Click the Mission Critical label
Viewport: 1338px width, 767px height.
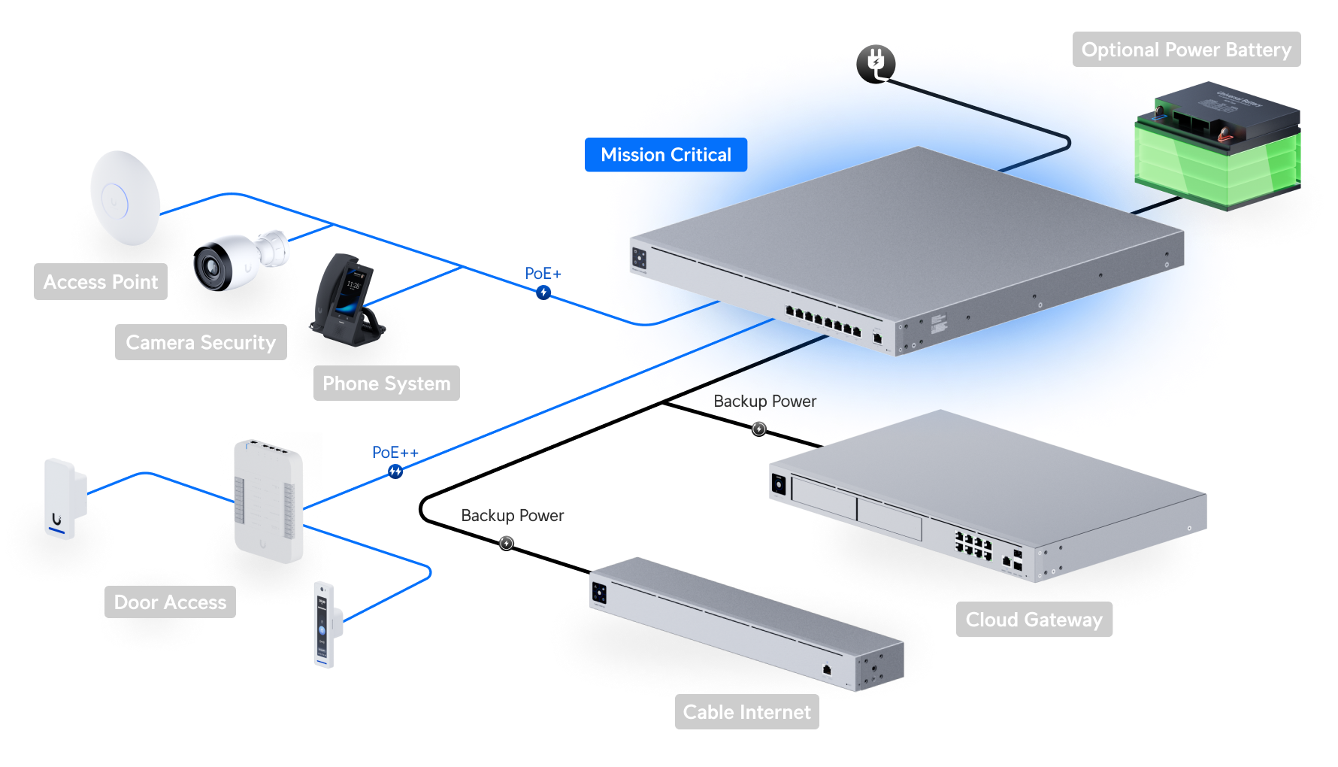pyautogui.click(x=665, y=155)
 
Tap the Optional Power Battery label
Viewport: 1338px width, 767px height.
pyautogui.click(x=1185, y=50)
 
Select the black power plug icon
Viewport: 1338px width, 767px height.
pyautogui.click(x=876, y=63)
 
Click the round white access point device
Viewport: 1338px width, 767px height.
pyautogui.click(x=125, y=198)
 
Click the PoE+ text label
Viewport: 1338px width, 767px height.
pyautogui.click(x=543, y=274)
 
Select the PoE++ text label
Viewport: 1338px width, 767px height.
pyautogui.click(x=395, y=453)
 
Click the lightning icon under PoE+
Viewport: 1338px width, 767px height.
pyautogui.click(x=543, y=293)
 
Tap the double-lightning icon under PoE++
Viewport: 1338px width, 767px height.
pyautogui.click(x=395, y=471)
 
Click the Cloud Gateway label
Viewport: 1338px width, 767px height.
pyautogui.click(x=1034, y=620)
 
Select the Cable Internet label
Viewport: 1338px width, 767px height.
pyautogui.click(x=746, y=712)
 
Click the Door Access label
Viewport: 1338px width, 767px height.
pyautogui.click(x=170, y=602)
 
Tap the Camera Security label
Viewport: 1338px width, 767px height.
pyautogui.click(x=201, y=343)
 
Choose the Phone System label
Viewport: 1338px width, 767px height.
pyautogui.click(x=386, y=383)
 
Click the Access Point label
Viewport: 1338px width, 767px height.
pyautogui.click(x=101, y=282)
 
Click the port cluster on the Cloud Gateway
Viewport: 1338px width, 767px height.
pyautogui.click(x=973, y=545)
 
